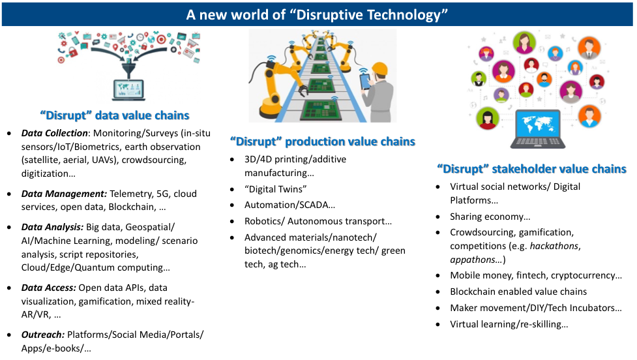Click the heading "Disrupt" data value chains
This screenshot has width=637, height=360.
click(x=115, y=115)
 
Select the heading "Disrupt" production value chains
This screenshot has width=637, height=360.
click(x=323, y=142)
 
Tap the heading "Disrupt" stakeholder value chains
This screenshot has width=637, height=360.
click(x=532, y=169)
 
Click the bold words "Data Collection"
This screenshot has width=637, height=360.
click(x=54, y=133)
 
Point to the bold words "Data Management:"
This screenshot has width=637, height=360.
click(x=64, y=194)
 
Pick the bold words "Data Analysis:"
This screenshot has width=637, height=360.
click(x=52, y=227)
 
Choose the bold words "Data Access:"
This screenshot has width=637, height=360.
click(x=49, y=287)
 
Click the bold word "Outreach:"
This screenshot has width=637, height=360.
click(x=43, y=335)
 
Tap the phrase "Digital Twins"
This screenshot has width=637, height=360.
click(x=275, y=189)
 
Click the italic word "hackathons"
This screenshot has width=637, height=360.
click(x=555, y=246)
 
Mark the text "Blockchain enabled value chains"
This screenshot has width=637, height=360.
click(x=518, y=292)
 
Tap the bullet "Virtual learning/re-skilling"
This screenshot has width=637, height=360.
click(x=509, y=324)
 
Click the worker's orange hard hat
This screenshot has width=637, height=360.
click(x=381, y=68)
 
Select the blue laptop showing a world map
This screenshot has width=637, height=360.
click(x=537, y=129)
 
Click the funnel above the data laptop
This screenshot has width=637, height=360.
click(x=128, y=67)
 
